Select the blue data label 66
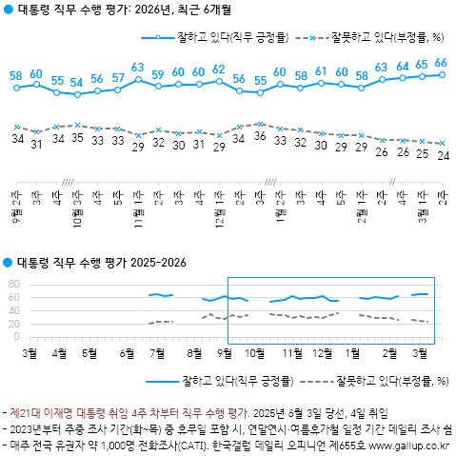(x=441, y=63)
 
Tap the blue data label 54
(x=77, y=83)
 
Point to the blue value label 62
(x=219, y=69)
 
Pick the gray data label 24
(x=443, y=156)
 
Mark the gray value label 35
(x=77, y=139)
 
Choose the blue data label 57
(x=117, y=77)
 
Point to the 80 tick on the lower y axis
(x=13, y=284)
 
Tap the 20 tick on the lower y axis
(x=13, y=324)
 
